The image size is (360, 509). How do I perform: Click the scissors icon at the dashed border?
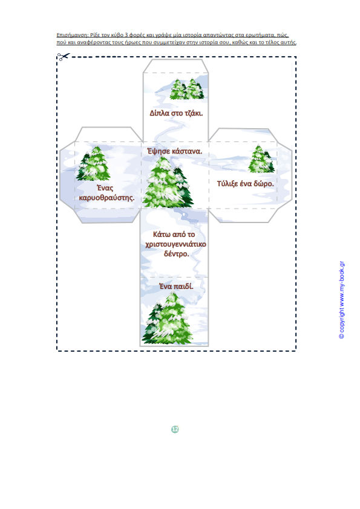[x=64, y=56]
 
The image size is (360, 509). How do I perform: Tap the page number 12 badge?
[x=175, y=429]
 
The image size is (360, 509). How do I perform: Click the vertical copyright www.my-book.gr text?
[x=341, y=300]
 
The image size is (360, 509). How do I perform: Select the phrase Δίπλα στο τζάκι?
[x=176, y=113]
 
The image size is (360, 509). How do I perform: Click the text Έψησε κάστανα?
[x=174, y=151]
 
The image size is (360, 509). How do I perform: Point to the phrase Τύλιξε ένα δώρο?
[x=245, y=184]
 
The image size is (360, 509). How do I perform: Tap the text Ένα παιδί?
[x=176, y=287]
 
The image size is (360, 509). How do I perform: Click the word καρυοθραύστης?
[x=106, y=198]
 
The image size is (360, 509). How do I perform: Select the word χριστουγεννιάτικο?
[x=176, y=244]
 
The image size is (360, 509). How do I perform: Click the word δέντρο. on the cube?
[x=177, y=253]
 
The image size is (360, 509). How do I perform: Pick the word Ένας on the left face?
[x=105, y=188]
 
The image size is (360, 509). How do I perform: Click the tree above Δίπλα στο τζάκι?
[x=187, y=89]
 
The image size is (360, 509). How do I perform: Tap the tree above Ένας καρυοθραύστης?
[x=93, y=163]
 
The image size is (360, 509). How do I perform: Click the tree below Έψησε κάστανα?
[x=168, y=182]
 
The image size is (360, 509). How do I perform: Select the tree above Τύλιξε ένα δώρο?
[x=261, y=159]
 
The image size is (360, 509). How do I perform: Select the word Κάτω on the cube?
[x=160, y=235]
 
